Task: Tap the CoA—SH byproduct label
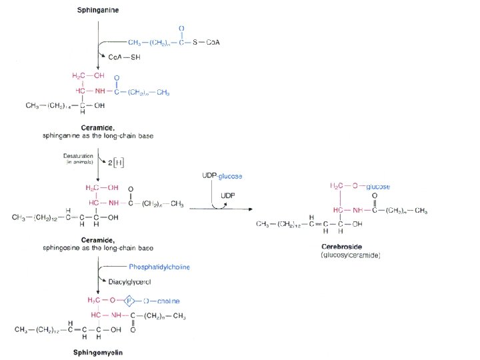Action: point(125,57)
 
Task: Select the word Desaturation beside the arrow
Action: point(77,157)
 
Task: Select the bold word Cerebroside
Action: point(341,246)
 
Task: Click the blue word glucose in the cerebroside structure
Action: point(378,187)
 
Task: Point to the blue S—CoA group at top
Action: point(206,42)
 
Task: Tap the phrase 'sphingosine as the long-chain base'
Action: point(99,247)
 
